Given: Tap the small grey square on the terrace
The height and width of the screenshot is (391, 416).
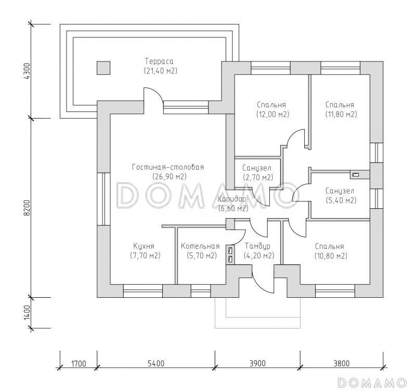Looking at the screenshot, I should click(103, 68).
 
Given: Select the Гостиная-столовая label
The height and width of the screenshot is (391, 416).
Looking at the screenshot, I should click(167, 167).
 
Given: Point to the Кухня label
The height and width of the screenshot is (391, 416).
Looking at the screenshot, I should click(144, 246).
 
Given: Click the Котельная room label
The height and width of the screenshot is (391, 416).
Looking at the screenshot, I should click(200, 246).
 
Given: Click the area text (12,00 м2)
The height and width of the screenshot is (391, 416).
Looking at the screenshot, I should click(272, 114).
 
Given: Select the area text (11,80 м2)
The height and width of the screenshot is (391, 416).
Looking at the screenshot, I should click(340, 114).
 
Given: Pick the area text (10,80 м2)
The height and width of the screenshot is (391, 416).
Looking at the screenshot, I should click(331, 256).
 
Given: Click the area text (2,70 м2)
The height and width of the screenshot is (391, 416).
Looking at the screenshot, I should click(258, 178).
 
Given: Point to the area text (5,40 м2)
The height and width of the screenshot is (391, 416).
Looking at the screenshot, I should click(340, 200).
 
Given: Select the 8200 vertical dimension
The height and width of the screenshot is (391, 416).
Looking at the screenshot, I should click(28, 208).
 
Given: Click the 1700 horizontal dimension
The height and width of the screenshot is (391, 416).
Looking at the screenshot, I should click(77, 363).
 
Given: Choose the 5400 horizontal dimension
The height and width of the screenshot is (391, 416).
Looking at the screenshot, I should click(155, 363).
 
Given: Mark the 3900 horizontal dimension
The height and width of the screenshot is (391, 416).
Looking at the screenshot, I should click(257, 363).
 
